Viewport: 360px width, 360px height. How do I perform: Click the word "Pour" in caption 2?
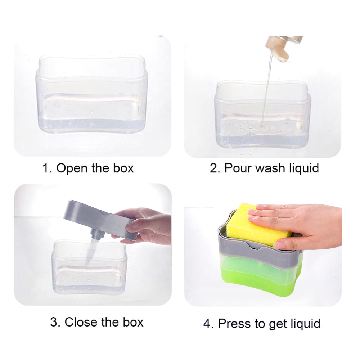pyautogui.click(x=237, y=168)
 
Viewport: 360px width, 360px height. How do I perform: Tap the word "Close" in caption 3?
pyautogui.click(x=81, y=322)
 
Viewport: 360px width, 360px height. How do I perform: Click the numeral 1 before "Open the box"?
pyautogui.click(x=46, y=168)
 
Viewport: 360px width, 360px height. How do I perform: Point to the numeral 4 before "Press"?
pyautogui.click(x=207, y=323)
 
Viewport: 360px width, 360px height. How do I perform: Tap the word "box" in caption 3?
pyautogui.click(x=131, y=322)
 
